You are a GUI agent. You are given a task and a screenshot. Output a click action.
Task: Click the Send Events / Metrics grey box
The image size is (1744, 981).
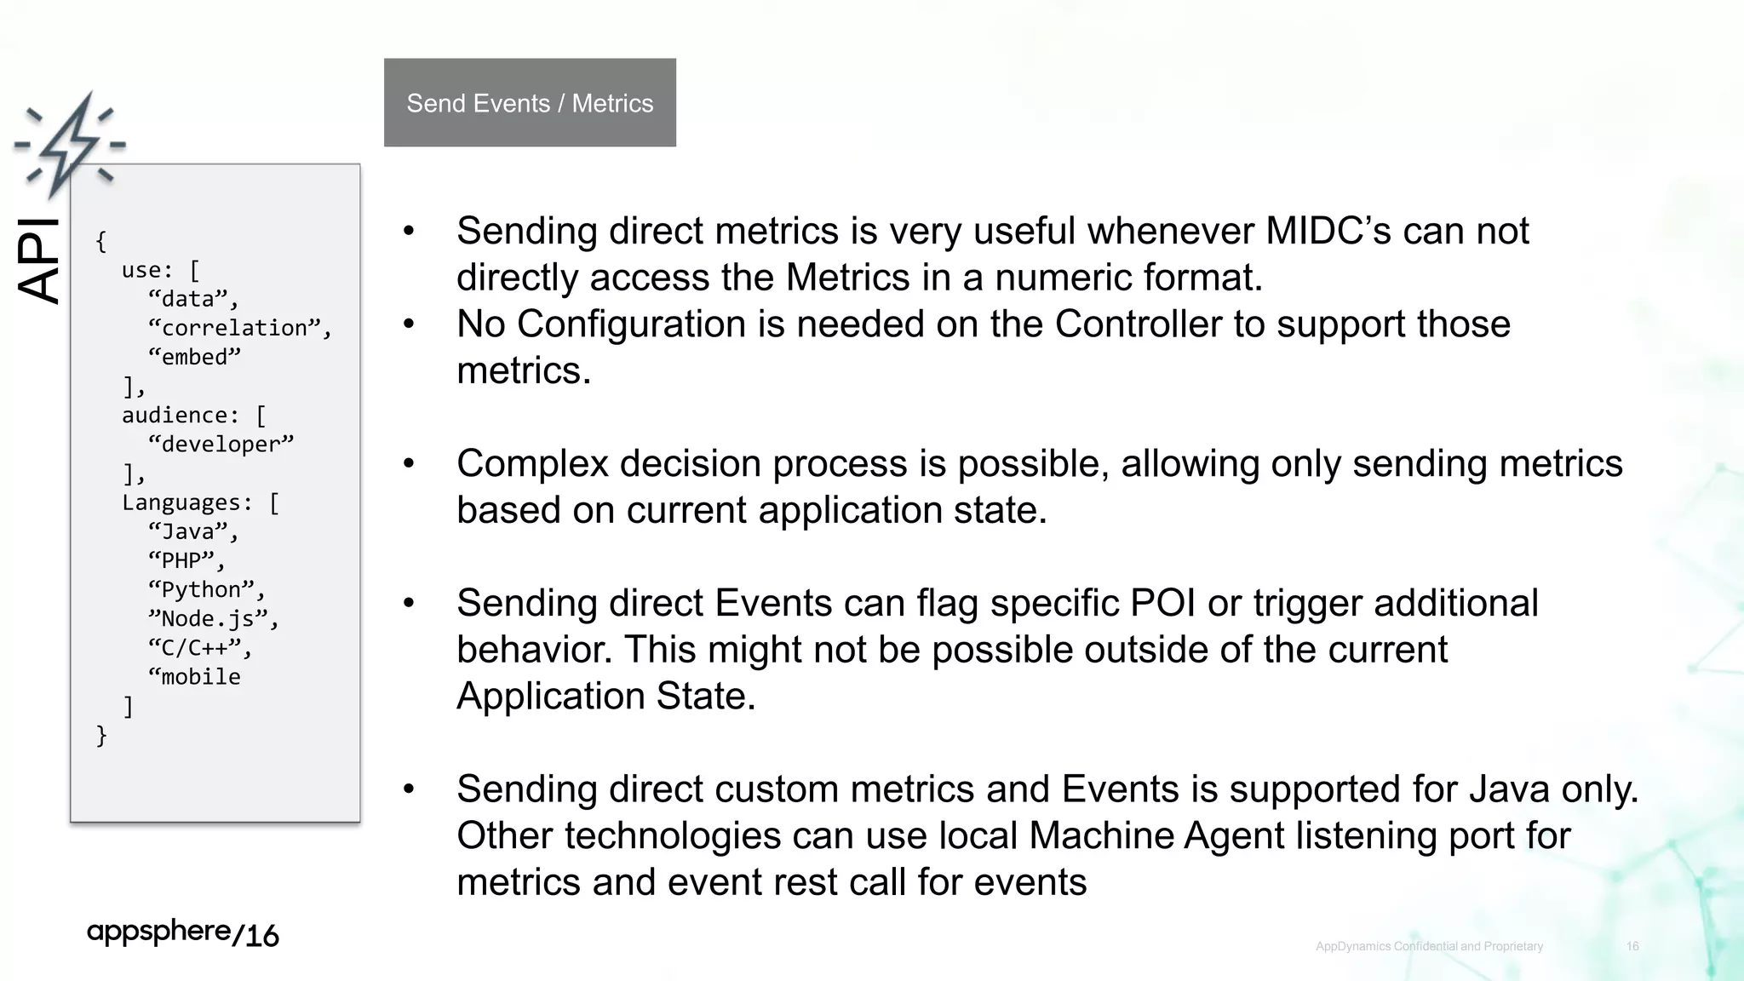[530, 103]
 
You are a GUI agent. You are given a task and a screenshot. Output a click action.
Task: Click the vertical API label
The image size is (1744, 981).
[39, 261]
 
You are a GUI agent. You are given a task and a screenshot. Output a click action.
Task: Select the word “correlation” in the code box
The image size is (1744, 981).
[238, 328]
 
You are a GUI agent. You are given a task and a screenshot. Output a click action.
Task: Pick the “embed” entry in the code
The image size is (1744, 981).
[194, 357]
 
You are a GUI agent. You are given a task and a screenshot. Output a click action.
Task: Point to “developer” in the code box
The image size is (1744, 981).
[221, 445]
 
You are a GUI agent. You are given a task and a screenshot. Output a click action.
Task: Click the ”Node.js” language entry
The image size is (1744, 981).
[212, 619]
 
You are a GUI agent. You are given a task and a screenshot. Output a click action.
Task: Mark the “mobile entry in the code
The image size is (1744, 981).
[194, 677]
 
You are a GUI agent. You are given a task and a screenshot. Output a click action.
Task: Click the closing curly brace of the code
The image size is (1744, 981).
[101, 735]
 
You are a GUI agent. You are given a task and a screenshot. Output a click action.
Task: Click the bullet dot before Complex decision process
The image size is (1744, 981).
[409, 463]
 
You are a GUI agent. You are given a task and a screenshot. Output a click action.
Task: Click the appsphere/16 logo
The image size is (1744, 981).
[182, 933]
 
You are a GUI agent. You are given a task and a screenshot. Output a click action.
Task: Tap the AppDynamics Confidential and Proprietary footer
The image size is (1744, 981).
[1429, 946]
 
